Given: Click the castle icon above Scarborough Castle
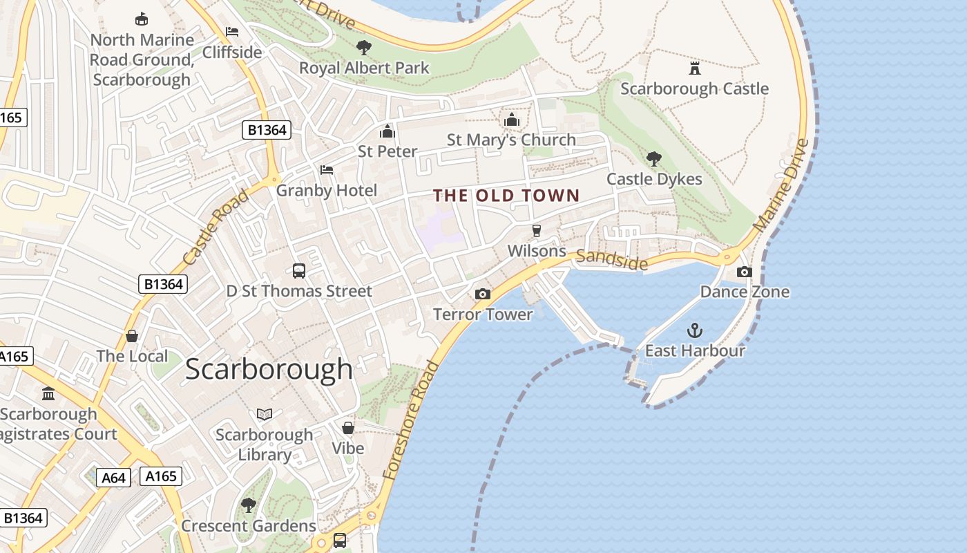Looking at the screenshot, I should (694, 68).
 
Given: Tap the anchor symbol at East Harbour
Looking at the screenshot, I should (694, 330).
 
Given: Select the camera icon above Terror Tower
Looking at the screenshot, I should (483, 294).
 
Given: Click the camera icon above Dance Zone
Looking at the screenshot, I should (744, 272).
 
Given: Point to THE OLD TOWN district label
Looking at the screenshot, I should (506, 196).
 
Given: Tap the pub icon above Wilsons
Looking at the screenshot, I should (536, 231).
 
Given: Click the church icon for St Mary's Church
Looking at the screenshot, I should (511, 120).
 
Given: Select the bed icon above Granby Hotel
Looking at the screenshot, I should (327, 170).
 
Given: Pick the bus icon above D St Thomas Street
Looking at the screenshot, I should (299, 271).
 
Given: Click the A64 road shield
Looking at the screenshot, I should (113, 478).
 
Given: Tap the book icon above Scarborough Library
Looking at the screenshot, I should (265, 414).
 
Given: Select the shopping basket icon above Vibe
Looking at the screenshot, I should (348, 428).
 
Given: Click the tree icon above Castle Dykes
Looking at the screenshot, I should (653, 159).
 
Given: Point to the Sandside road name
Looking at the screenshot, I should (611, 260).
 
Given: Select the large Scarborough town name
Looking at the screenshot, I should (269, 369).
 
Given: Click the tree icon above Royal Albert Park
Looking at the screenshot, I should (363, 48).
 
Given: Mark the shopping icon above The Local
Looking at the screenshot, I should (132, 336).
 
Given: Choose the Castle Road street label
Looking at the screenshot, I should (216, 227).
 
